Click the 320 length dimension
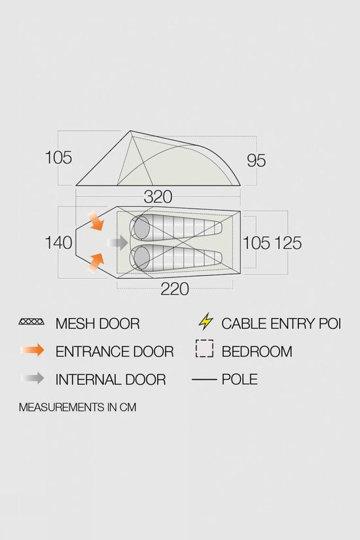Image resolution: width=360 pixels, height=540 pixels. coord(158,197)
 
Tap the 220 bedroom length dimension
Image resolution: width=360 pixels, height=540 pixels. coord(175,289)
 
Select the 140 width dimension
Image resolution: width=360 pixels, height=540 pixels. coord(58,243)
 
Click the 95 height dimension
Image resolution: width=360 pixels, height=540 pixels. coord(257,161)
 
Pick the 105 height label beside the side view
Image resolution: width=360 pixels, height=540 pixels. coord(58,158)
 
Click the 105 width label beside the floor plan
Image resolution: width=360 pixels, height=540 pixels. coord(257,243)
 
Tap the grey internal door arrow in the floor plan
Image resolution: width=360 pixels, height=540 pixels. coord(118,243)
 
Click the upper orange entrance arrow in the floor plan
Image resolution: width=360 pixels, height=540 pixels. coord(96,221)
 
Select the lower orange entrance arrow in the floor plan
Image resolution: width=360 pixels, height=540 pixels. coord(96,262)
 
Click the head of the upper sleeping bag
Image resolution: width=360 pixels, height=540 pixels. coord(141,228)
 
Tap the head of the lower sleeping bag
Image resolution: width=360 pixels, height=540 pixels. coord(141,258)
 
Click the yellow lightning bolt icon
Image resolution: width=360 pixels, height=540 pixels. coord(206,321)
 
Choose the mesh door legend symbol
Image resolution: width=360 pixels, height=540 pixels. coord(31,321)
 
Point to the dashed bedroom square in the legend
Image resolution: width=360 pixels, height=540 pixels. coord(204,348)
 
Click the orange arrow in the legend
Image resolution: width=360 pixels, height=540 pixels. coord(32,350)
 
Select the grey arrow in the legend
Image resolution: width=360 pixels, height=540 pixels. coord(32,378)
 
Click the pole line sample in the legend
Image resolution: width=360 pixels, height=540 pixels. coord(204,380)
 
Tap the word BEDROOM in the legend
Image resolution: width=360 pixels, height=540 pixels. coord(257,351)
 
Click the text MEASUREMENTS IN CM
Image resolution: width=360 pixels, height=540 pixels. coord(77,407)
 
